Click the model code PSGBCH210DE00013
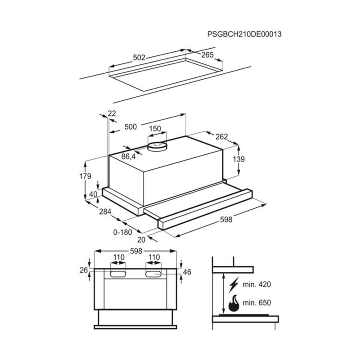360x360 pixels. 241,34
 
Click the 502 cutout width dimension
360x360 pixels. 140,58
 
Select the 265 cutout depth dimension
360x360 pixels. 207,55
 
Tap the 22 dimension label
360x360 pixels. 112,113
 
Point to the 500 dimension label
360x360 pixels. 130,127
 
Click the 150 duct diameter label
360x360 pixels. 155,129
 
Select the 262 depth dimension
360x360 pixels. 221,137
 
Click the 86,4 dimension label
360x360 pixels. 128,157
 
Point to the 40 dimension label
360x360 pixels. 93,194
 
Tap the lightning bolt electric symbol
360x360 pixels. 234,285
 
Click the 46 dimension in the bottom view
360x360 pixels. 188,272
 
